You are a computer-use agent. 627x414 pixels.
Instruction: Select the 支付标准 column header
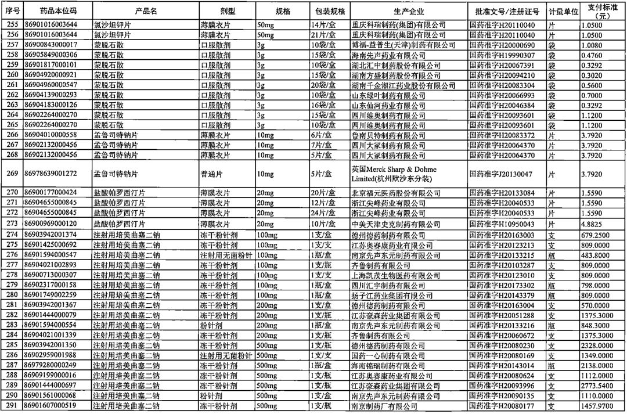[602, 11]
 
